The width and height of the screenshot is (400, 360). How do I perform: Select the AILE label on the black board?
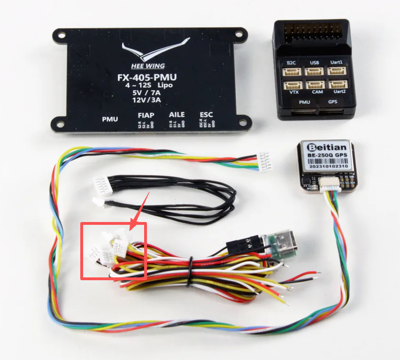coord(176,115)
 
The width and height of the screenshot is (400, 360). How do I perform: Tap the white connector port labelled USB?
coord(314,71)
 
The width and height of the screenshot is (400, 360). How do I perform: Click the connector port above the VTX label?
coord(293,84)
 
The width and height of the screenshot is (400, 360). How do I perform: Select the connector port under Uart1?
coord(336,71)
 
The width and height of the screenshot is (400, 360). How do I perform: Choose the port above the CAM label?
coord(314,84)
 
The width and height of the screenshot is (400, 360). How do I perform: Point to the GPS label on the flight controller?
coord(332,102)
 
